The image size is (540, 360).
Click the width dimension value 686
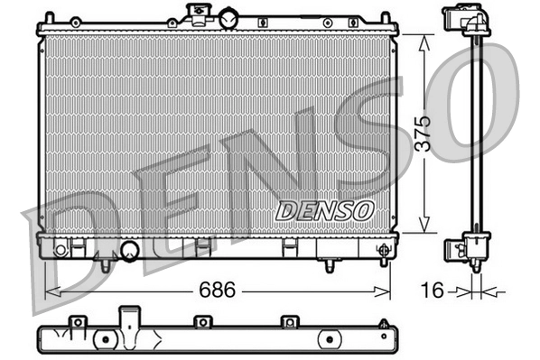pyautogui.click(x=218, y=291)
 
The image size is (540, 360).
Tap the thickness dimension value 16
pyautogui.click(x=433, y=291)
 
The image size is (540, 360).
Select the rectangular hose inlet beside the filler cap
pyautogui.click(x=194, y=14)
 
